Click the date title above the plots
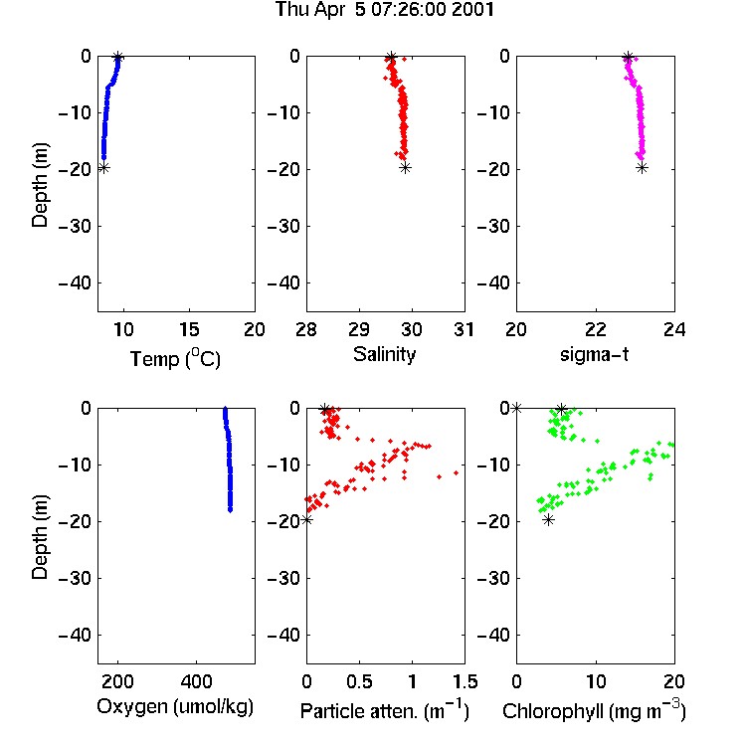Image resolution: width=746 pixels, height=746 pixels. tap(384, 10)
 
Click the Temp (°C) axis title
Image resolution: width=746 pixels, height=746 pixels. tap(175, 358)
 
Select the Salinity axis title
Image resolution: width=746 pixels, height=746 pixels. tap(384, 354)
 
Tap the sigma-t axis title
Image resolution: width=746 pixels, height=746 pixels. tap(594, 354)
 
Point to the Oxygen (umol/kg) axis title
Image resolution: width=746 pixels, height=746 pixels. tap(175, 707)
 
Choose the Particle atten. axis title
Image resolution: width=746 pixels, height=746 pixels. tap(384, 710)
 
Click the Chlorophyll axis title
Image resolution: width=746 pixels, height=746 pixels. tap(594, 710)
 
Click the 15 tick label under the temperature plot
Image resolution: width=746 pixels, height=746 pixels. tap(189, 329)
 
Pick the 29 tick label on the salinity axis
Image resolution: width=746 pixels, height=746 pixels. tap(359, 329)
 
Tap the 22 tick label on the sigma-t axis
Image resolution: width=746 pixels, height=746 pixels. tap(595, 329)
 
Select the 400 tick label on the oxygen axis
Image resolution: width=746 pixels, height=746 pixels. tap(196, 681)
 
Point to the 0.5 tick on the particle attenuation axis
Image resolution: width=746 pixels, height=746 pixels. tap(359, 681)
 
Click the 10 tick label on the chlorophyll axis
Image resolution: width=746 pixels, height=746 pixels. tap(595, 681)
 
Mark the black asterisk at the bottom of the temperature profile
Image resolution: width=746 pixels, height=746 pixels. tap(103, 168)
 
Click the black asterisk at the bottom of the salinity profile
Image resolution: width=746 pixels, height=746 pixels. tap(405, 167)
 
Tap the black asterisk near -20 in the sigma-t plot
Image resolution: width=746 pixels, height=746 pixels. tap(642, 167)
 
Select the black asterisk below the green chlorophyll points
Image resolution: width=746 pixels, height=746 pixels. tap(548, 520)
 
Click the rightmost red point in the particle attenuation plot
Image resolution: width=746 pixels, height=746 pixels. tap(456, 472)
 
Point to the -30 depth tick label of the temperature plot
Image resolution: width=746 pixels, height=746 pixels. tap(75, 227)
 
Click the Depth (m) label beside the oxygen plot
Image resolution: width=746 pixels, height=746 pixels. tap(40, 537)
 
